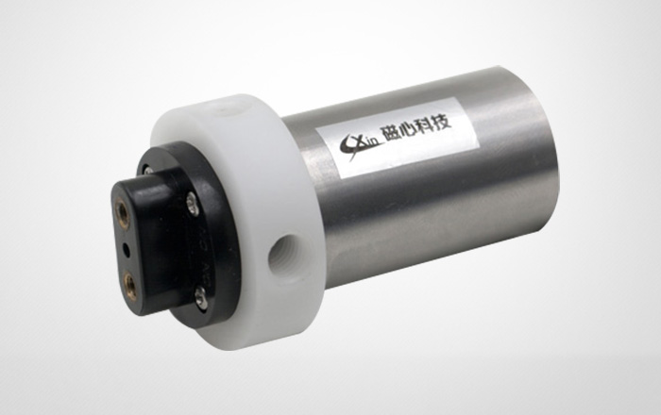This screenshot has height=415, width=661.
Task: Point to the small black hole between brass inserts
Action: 126,249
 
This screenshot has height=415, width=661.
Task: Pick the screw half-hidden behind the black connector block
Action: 148,170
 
